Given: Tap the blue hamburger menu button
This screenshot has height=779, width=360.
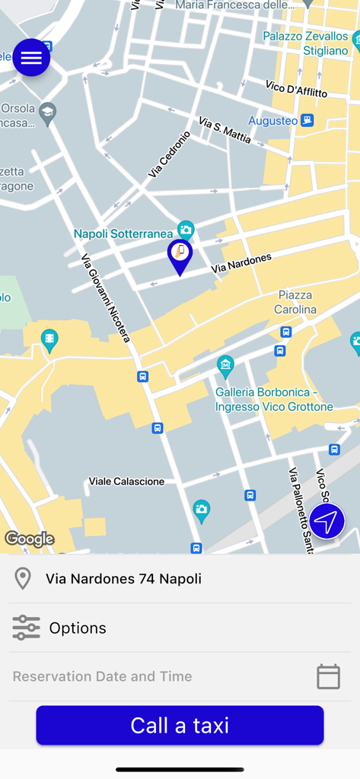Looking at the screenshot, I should [x=31, y=58].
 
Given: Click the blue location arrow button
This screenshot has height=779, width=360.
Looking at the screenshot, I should [x=327, y=522].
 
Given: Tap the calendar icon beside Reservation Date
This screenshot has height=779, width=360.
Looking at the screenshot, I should [x=328, y=676].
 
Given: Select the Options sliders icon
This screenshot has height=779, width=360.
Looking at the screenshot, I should [x=26, y=628].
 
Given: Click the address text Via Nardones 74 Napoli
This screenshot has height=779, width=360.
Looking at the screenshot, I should [x=123, y=579].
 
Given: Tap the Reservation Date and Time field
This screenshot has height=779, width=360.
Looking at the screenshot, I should [x=102, y=676].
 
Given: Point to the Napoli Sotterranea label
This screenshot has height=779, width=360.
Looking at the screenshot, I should [x=125, y=234].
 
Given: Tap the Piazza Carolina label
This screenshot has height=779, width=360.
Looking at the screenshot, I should [x=295, y=302].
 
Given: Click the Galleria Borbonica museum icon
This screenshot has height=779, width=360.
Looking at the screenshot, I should [x=225, y=366].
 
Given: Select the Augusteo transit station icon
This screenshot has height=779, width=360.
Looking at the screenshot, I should [x=307, y=120].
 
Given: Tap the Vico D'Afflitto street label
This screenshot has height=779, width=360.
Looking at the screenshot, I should [x=296, y=89].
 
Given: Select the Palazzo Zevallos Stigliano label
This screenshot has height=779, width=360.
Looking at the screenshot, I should [x=305, y=43].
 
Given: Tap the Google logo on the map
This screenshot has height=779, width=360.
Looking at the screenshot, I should [x=29, y=539].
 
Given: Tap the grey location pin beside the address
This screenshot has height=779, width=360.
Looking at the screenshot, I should [x=23, y=579].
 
